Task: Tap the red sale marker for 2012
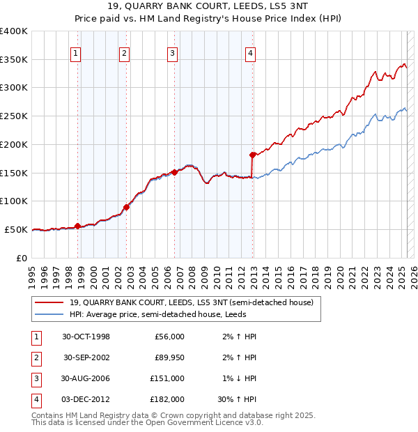point(252,155)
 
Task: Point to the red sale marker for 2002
point(126,206)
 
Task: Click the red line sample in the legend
point(49,302)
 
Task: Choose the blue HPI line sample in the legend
point(49,314)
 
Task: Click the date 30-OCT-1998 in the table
point(86,337)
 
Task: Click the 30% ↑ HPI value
point(238,399)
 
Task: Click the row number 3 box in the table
point(36,378)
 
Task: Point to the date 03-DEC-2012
point(86,399)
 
